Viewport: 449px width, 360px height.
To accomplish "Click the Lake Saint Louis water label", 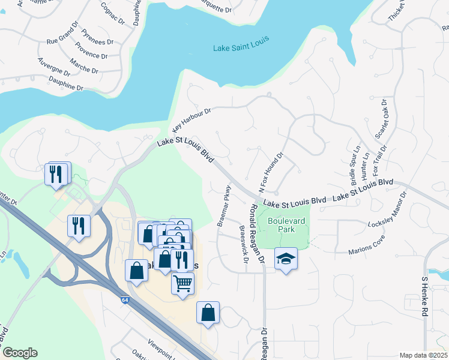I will tap(241, 44).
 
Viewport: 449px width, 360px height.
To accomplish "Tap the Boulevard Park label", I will tap(286, 226).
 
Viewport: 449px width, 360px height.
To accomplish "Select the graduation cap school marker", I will tap(286, 259).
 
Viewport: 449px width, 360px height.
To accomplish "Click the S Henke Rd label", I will tap(425, 296).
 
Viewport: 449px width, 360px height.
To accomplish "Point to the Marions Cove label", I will tap(367, 248).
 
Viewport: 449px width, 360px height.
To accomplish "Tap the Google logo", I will tap(19, 353).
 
